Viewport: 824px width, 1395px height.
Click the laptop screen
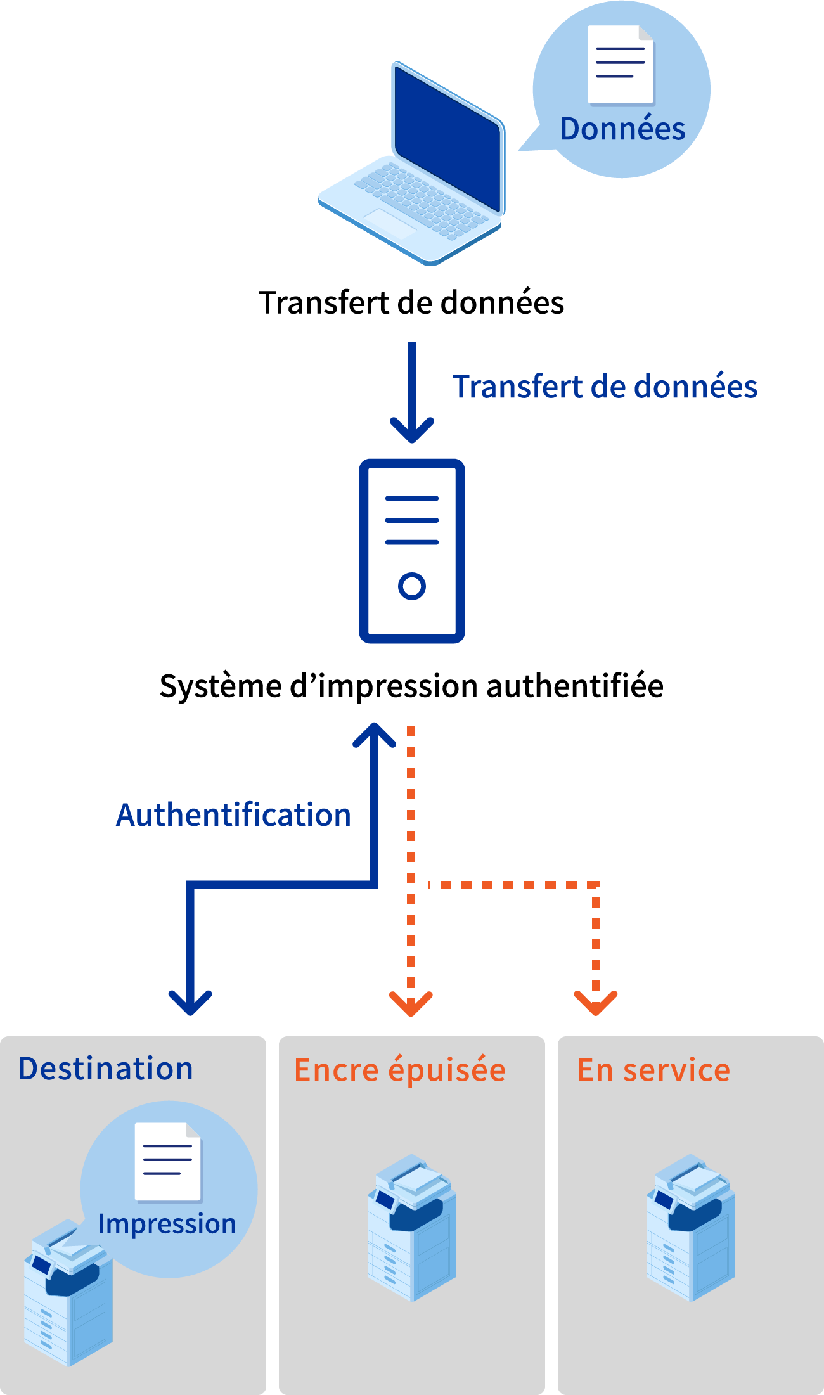point(447,139)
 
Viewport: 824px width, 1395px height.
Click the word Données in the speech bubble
point(622,129)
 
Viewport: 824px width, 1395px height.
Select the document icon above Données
point(620,64)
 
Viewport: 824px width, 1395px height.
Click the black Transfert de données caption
point(411,303)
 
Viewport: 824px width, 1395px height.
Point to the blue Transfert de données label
point(605,387)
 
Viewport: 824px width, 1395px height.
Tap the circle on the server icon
point(412,586)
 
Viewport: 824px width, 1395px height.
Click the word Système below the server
point(221,686)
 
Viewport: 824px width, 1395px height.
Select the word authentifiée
point(575,686)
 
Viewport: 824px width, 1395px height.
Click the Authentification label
point(233,815)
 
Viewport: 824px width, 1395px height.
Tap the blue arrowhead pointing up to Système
point(374,736)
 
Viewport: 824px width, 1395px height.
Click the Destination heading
point(106,1069)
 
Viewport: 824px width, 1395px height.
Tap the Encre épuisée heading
point(400,1070)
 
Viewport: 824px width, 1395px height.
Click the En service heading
point(653,1070)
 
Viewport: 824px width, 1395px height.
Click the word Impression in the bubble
point(167,1224)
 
